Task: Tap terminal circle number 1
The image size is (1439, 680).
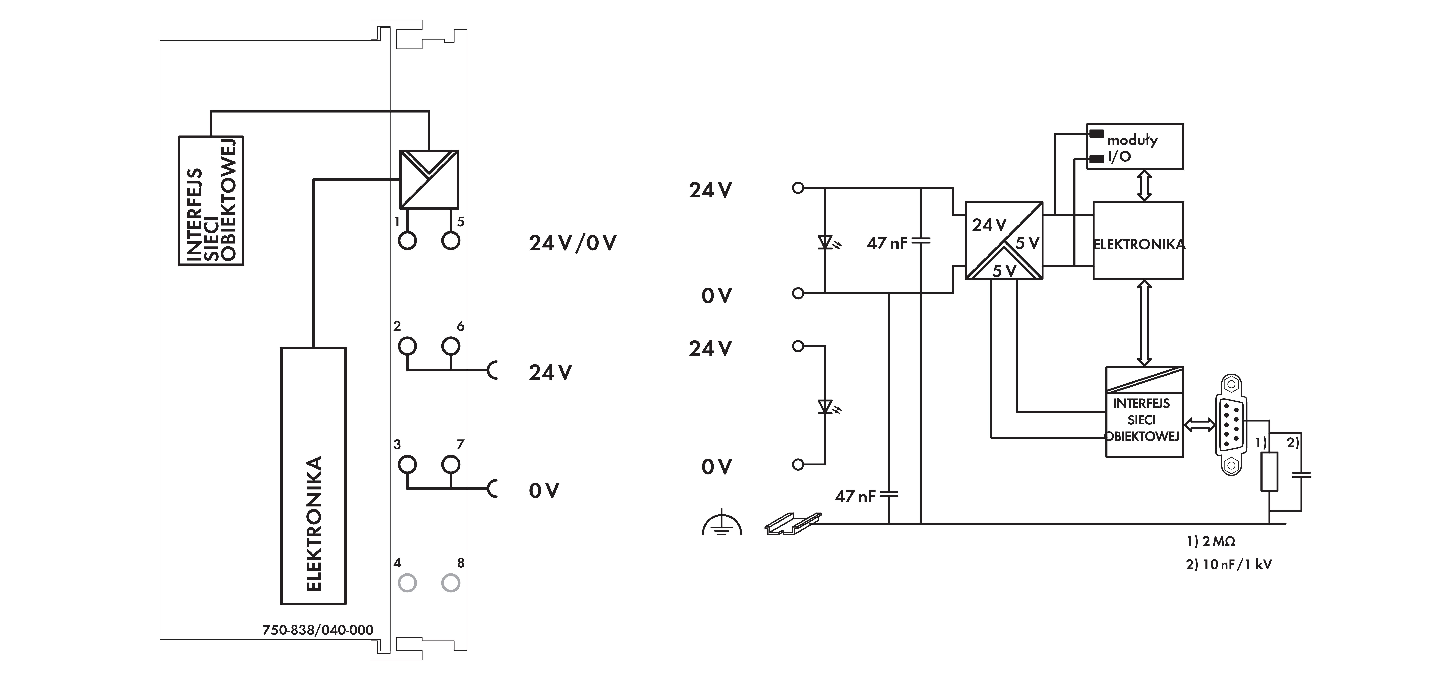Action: [407, 241]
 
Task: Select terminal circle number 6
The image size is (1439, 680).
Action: [451, 346]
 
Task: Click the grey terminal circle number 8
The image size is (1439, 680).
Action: [451, 583]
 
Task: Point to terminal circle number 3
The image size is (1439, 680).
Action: [407, 464]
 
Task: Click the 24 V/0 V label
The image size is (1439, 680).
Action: [573, 243]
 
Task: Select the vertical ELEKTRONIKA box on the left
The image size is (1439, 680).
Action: [313, 475]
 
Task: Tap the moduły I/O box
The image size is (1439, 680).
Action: [1135, 146]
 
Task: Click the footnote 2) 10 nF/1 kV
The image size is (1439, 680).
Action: [1229, 564]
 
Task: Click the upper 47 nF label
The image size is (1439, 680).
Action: [887, 243]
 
